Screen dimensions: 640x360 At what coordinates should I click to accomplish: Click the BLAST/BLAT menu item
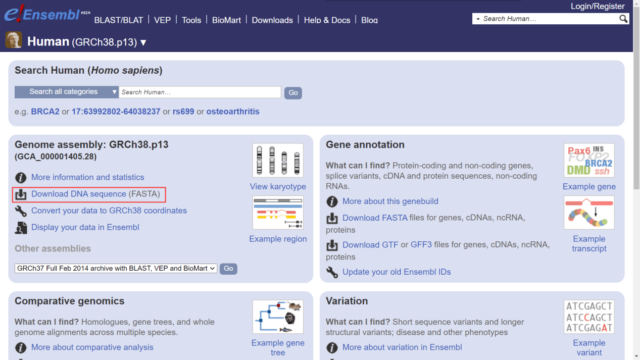click(x=119, y=20)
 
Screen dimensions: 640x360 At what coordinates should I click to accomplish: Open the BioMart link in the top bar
click(x=226, y=20)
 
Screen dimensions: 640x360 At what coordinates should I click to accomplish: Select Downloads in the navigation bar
click(x=272, y=20)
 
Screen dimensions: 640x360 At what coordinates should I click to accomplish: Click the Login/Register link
click(x=598, y=6)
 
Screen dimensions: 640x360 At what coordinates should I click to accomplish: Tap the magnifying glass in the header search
click(x=623, y=19)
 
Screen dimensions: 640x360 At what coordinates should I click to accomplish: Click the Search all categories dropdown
click(x=67, y=92)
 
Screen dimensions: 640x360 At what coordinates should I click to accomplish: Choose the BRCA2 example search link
click(x=45, y=112)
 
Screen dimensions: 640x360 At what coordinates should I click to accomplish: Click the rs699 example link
click(x=183, y=112)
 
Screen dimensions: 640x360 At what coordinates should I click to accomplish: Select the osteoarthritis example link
click(x=233, y=112)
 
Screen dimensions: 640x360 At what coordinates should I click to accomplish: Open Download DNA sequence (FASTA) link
click(x=95, y=194)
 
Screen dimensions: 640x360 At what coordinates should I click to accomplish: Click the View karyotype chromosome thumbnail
click(x=278, y=161)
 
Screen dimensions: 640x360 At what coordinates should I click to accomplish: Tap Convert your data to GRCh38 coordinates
click(x=109, y=211)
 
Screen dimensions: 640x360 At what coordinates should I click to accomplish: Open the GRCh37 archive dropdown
click(x=116, y=268)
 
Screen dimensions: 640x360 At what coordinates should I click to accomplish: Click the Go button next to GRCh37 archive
click(x=228, y=269)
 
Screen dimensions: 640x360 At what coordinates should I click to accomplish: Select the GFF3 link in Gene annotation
click(x=421, y=245)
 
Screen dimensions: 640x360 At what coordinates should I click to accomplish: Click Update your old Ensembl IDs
click(x=397, y=272)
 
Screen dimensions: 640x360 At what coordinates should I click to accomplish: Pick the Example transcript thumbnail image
click(x=589, y=213)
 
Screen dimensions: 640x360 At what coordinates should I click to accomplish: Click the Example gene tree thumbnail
click(x=278, y=317)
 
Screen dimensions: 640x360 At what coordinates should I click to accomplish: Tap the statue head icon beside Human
click(x=14, y=40)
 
